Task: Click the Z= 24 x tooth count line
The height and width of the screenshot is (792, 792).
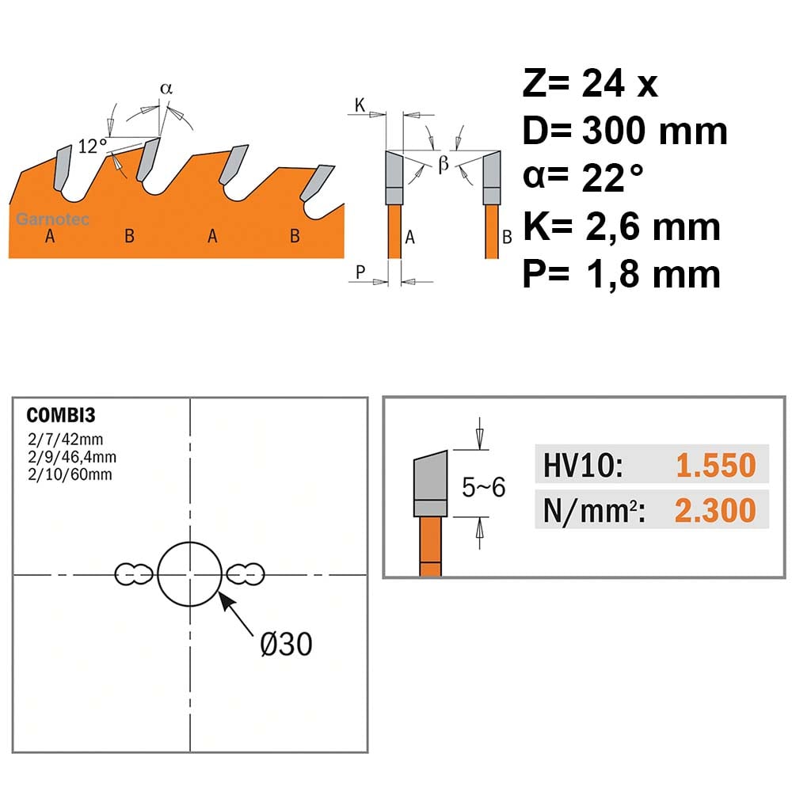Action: [590, 83]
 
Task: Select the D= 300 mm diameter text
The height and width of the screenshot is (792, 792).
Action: [624, 131]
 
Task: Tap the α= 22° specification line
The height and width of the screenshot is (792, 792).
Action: [583, 177]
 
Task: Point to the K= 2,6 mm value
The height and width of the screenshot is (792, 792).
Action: [621, 227]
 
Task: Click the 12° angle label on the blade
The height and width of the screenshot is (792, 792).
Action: [93, 147]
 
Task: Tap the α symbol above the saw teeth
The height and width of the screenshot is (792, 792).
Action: [166, 89]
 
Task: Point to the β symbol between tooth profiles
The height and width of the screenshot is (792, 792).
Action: [444, 163]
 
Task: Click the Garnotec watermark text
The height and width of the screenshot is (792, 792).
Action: [52, 219]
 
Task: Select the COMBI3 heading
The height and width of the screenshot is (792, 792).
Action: [61, 415]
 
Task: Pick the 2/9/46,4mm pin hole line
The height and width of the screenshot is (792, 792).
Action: [72, 457]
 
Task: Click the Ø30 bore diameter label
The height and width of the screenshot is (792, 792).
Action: [287, 644]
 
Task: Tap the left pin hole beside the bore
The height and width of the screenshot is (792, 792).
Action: [134, 574]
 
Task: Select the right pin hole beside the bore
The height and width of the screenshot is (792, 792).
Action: [245, 574]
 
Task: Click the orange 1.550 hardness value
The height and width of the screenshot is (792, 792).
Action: [716, 465]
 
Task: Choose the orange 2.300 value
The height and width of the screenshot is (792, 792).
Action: [715, 510]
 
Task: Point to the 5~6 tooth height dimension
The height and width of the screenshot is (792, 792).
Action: [483, 487]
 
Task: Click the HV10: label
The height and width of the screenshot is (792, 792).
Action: [583, 465]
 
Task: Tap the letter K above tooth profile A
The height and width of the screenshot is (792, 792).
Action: [360, 105]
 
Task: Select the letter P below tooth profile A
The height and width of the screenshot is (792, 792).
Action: [360, 272]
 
